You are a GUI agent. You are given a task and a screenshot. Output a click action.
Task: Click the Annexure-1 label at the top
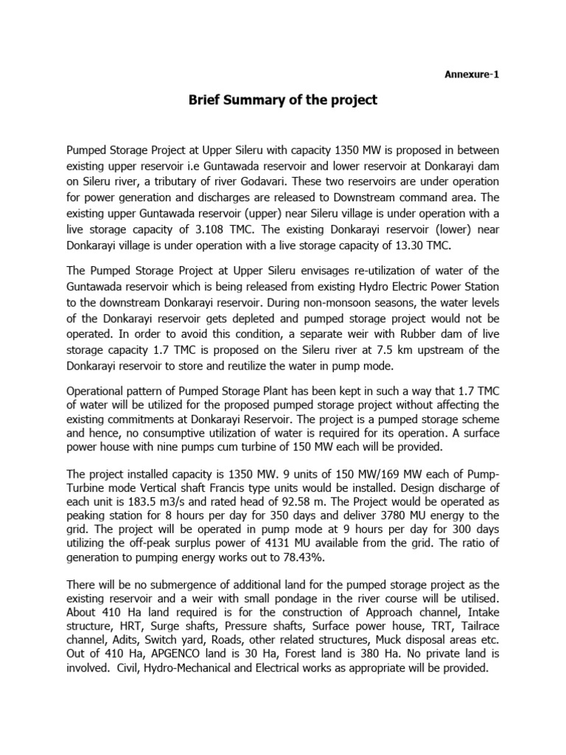474,74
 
